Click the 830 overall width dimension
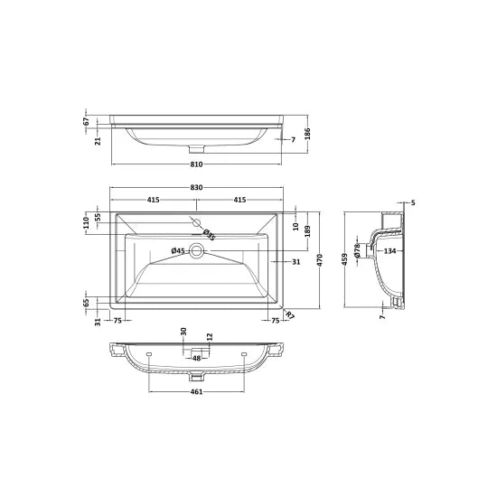196,187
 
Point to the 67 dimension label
85,121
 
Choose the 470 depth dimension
319,259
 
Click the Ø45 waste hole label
178,250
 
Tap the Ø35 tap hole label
207,234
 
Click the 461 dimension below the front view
196,392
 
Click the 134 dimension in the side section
389,250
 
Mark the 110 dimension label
87,220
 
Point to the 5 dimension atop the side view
412,202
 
